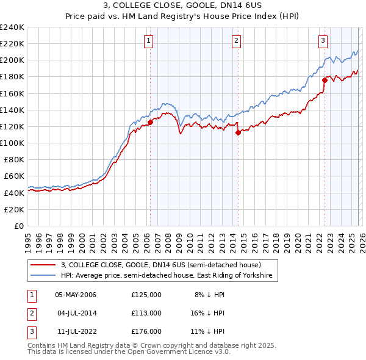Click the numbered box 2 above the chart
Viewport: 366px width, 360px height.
click(x=236, y=41)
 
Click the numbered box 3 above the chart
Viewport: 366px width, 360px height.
click(x=323, y=41)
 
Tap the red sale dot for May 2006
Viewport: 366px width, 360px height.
click(x=150, y=122)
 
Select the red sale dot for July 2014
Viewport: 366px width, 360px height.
click(x=238, y=132)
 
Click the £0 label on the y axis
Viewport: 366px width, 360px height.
click(x=19, y=226)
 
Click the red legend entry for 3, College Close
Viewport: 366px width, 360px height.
click(x=161, y=265)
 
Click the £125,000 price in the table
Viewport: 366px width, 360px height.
click(x=146, y=295)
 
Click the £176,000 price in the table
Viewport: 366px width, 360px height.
click(x=146, y=331)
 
